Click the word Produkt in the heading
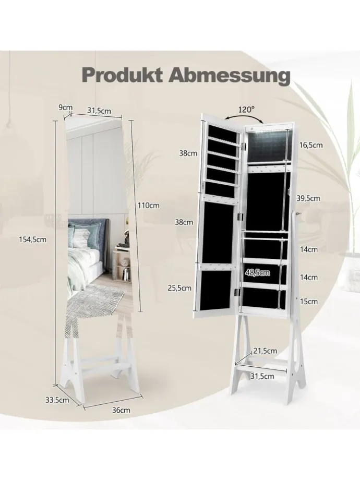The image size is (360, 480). (122, 75)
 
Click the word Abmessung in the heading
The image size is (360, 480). (229, 75)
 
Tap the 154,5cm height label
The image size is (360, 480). (33, 239)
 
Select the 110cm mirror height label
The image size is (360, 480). (149, 205)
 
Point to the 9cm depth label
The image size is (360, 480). (66, 107)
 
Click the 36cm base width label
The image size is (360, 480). (121, 410)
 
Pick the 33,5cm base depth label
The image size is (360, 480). (57, 400)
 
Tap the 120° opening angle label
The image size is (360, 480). (246, 109)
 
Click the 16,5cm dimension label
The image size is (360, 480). (311, 145)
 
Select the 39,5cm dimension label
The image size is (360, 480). (308, 198)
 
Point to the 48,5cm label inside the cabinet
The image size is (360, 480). (257, 272)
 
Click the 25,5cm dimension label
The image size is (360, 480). (179, 288)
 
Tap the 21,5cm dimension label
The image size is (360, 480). (265, 351)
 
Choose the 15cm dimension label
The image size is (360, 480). (309, 301)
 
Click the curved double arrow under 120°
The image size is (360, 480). (244, 119)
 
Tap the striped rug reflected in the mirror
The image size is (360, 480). (95, 302)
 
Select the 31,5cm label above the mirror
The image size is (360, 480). (99, 111)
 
